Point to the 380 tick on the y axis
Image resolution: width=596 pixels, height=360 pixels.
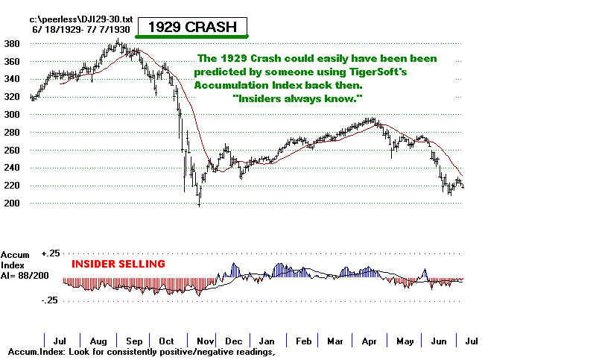14,43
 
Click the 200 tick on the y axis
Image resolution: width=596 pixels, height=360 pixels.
14,203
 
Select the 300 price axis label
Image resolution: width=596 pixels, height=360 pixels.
14,114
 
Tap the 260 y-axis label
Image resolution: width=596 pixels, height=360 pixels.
14,150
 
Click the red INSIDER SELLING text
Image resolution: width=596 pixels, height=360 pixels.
118,264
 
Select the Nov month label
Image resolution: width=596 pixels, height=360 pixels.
202,341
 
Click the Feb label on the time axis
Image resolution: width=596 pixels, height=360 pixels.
303,341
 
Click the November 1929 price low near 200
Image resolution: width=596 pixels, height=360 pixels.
199,203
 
